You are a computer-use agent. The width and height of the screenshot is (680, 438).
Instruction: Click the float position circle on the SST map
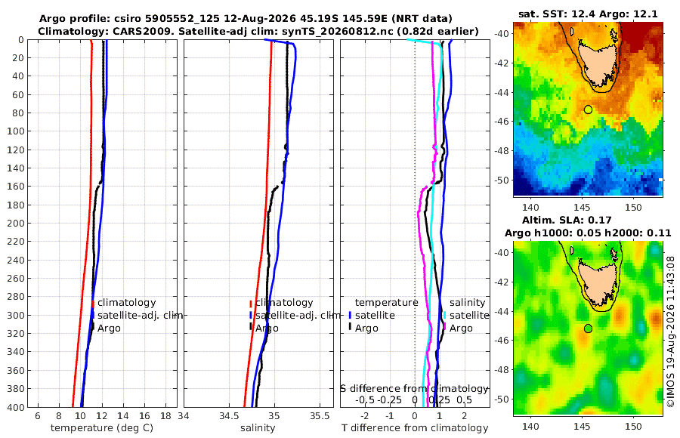pyautogui.click(x=588, y=109)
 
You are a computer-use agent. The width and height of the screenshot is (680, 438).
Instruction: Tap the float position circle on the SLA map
pyautogui.click(x=588, y=328)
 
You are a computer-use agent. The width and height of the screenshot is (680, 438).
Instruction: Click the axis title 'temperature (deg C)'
pyautogui.click(x=102, y=428)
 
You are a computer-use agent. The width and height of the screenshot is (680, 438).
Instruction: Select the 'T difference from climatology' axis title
pyautogui.click(x=415, y=428)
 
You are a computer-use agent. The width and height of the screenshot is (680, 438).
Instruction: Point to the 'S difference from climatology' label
pyautogui.click(x=414, y=388)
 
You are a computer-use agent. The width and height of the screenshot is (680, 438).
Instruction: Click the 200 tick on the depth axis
pyautogui.click(x=15, y=223)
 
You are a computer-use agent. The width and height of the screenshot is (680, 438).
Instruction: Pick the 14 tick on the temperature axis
pyautogui.click(x=123, y=415)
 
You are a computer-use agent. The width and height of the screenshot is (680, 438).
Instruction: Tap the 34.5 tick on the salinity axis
pyautogui.click(x=229, y=415)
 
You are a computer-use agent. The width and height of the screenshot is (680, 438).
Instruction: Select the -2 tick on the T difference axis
pyautogui.click(x=365, y=415)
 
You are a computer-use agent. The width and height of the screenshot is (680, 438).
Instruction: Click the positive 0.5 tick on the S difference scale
pyautogui.click(x=464, y=399)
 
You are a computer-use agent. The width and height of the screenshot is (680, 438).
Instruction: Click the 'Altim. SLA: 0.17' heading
pyautogui.click(x=567, y=220)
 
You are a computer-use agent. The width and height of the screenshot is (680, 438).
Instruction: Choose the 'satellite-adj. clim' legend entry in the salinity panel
pyautogui.click(x=298, y=315)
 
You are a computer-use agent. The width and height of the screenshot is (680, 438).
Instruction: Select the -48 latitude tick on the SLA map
pyautogui.click(x=502, y=369)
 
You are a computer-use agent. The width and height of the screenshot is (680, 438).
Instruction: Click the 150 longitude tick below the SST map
pyautogui.click(x=633, y=208)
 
